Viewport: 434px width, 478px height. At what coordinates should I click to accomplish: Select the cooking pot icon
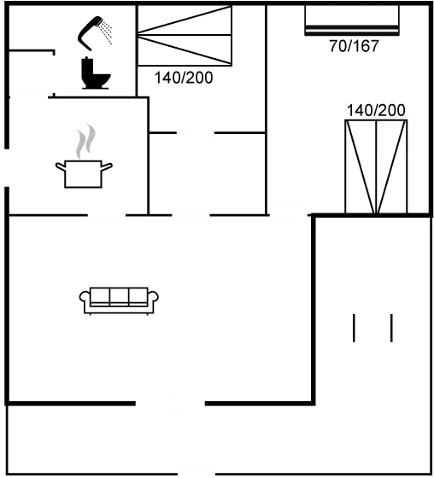pyautogui.click(x=84, y=173)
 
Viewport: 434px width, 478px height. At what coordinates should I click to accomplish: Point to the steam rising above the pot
pyautogui.click(x=83, y=142)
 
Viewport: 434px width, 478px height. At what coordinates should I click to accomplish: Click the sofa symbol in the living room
pyautogui.click(x=119, y=300)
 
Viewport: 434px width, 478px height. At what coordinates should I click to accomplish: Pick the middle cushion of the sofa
pyautogui.click(x=119, y=296)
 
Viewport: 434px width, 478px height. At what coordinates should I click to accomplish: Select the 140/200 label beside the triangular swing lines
pyautogui.click(x=183, y=78)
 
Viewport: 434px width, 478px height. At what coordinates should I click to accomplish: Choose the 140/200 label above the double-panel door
pyautogui.click(x=376, y=109)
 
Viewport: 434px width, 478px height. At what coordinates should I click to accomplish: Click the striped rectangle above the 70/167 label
pyautogui.click(x=352, y=20)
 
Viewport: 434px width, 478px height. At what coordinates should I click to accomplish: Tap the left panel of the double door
pyautogui.click(x=361, y=166)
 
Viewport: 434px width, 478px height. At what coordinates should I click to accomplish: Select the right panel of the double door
pyautogui.click(x=392, y=166)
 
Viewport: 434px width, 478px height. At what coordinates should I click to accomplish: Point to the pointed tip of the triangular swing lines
pyautogui.click(x=139, y=36)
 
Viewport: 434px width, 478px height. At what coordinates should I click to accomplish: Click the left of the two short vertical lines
pyautogui.click(x=355, y=329)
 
